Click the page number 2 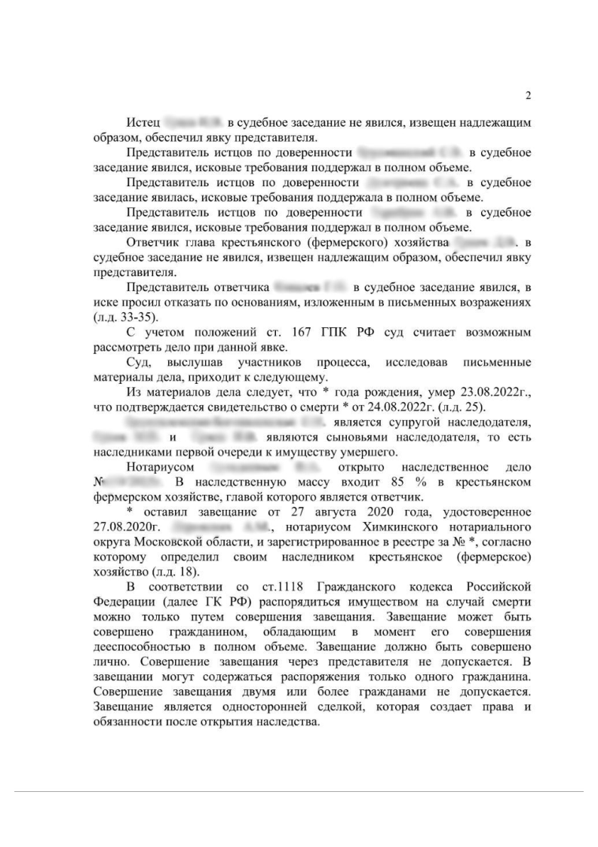point(528,96)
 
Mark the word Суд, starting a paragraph point(139,361)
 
